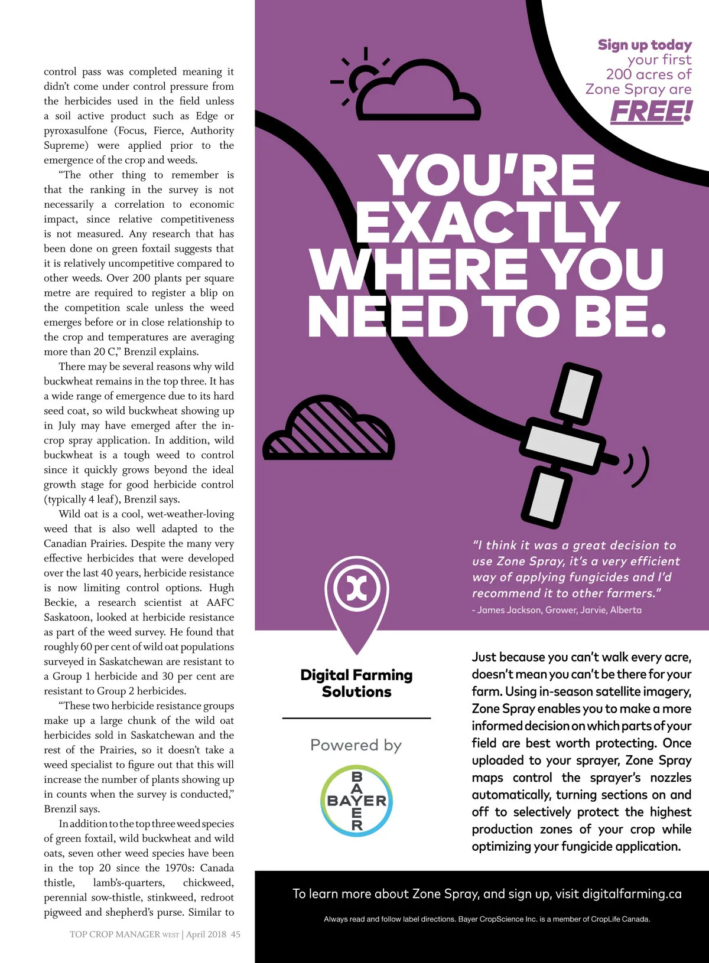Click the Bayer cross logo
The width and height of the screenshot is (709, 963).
pyautogui.click(x=356, y=801)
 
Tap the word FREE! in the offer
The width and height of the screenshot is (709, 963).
pyautogui.click(x=651, y=112)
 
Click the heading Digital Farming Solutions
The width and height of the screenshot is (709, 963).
pyautogui.click(x=356, y=683)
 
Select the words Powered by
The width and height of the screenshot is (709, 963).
pyautogui.click(x=356, y=745)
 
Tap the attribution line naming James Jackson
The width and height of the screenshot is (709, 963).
pyautogui.click(x=557, y=610)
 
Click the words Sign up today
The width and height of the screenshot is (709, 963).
pyautogui.click(x=644, y=45)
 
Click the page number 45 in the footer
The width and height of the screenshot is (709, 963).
pyautogui.click(x=236, y=934)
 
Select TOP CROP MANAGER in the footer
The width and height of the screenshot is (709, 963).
pyautogui.click(x=115, y=934)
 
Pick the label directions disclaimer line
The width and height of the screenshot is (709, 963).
pyautogui.click(x=487, y=919)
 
